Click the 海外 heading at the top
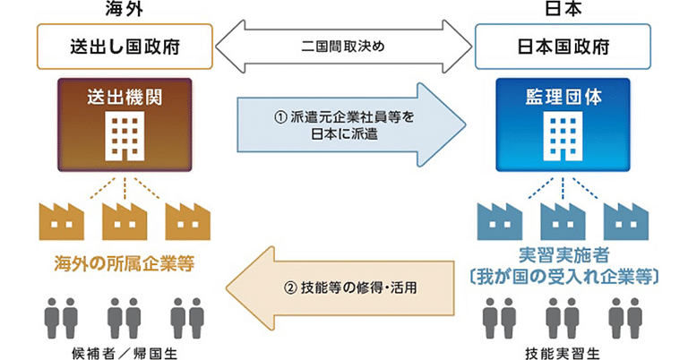pyautogui.click(x=125, y=10)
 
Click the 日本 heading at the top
pyautogui.click(x=563, y=10)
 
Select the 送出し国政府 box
pyautogui.click(x=125, y=46)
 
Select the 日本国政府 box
pyautogui.click(x=563, y=46)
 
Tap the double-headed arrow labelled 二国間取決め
pyautogui.click(x=344, y=46)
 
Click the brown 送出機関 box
pyautogui.click(x=125, y=124)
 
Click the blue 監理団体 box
pyautogui.click(x=563, y=124)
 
